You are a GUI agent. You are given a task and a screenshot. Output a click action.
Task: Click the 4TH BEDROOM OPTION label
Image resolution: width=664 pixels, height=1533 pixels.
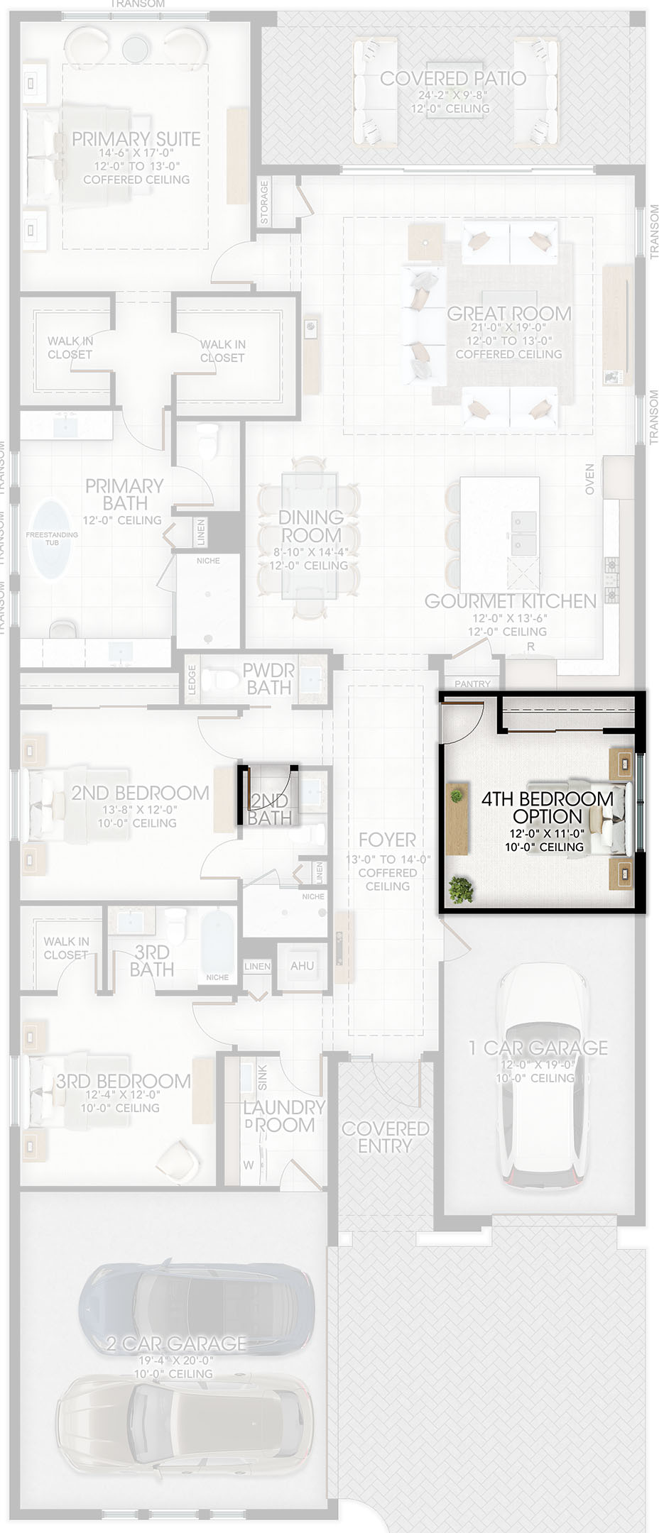tap(547, 808)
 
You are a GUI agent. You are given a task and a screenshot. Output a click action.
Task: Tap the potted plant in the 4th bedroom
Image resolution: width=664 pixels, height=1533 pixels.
tap(462, 889)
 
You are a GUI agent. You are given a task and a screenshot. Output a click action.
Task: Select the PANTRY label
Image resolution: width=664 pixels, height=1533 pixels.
tap(472, 684)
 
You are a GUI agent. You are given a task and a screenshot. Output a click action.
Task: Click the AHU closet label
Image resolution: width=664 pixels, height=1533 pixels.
tap(302, 966)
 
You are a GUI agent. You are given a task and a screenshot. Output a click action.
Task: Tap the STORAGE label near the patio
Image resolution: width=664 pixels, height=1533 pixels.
tap(265, 202)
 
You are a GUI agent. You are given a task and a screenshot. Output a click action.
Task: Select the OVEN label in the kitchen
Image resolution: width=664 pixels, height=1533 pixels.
tap(589, 480)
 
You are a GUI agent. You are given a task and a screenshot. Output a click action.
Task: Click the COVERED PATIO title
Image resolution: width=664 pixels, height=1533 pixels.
tap(453, 79)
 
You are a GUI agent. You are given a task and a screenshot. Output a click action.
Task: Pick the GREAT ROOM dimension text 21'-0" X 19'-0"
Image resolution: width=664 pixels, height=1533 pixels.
tap(508, 328)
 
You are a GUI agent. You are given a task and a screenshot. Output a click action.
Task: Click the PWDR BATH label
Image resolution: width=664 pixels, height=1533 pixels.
tap(268, 679)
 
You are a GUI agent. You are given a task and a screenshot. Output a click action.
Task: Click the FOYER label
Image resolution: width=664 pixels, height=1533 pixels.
tap(387, 840)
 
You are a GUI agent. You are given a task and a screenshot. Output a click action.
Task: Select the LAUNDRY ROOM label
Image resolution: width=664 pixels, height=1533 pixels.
tap(284, 1116)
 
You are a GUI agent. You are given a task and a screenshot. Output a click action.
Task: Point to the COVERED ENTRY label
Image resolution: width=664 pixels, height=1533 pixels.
tap(386, 1137)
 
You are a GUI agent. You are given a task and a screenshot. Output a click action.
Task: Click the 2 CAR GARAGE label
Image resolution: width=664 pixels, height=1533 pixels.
tap(176, 1344)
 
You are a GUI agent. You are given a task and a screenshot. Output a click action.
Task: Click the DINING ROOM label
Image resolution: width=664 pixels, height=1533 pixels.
tap(311, 526)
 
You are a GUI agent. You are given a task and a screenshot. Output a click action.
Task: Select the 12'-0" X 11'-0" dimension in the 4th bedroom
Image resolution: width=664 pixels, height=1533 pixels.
tap(546, 834)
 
